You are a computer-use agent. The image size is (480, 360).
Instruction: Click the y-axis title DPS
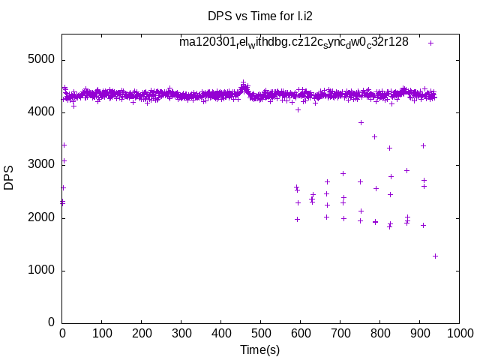[9, 178]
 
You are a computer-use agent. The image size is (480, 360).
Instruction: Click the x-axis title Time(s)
[260, 349]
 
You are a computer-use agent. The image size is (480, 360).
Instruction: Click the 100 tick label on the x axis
[102, 332]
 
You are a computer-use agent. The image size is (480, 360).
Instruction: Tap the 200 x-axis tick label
[142, 332]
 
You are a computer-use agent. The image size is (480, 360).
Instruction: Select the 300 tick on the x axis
[181, 332]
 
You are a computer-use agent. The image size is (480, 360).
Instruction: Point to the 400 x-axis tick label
[221, 332]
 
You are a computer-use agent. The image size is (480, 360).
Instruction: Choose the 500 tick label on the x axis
[261, 332]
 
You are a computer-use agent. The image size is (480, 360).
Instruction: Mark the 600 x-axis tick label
[301, 332]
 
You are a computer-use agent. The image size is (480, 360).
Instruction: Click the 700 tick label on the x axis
[340, 332]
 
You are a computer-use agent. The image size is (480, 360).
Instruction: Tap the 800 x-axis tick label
[380, 332]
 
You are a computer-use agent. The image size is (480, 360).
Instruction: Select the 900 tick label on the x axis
[420, 332]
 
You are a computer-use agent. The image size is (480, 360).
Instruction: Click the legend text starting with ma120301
[293, 42]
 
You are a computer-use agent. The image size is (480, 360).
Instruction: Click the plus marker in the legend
[430, 43]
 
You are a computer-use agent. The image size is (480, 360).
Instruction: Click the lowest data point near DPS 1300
[435, 256]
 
